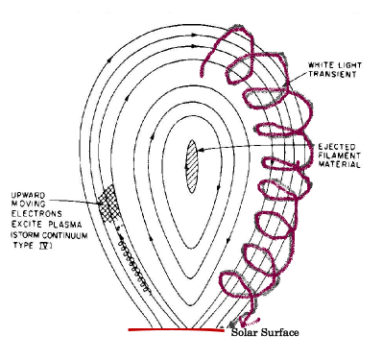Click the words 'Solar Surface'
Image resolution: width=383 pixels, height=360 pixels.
coord(265,332)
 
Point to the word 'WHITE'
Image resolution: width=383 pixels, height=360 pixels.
coord(321,64)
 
